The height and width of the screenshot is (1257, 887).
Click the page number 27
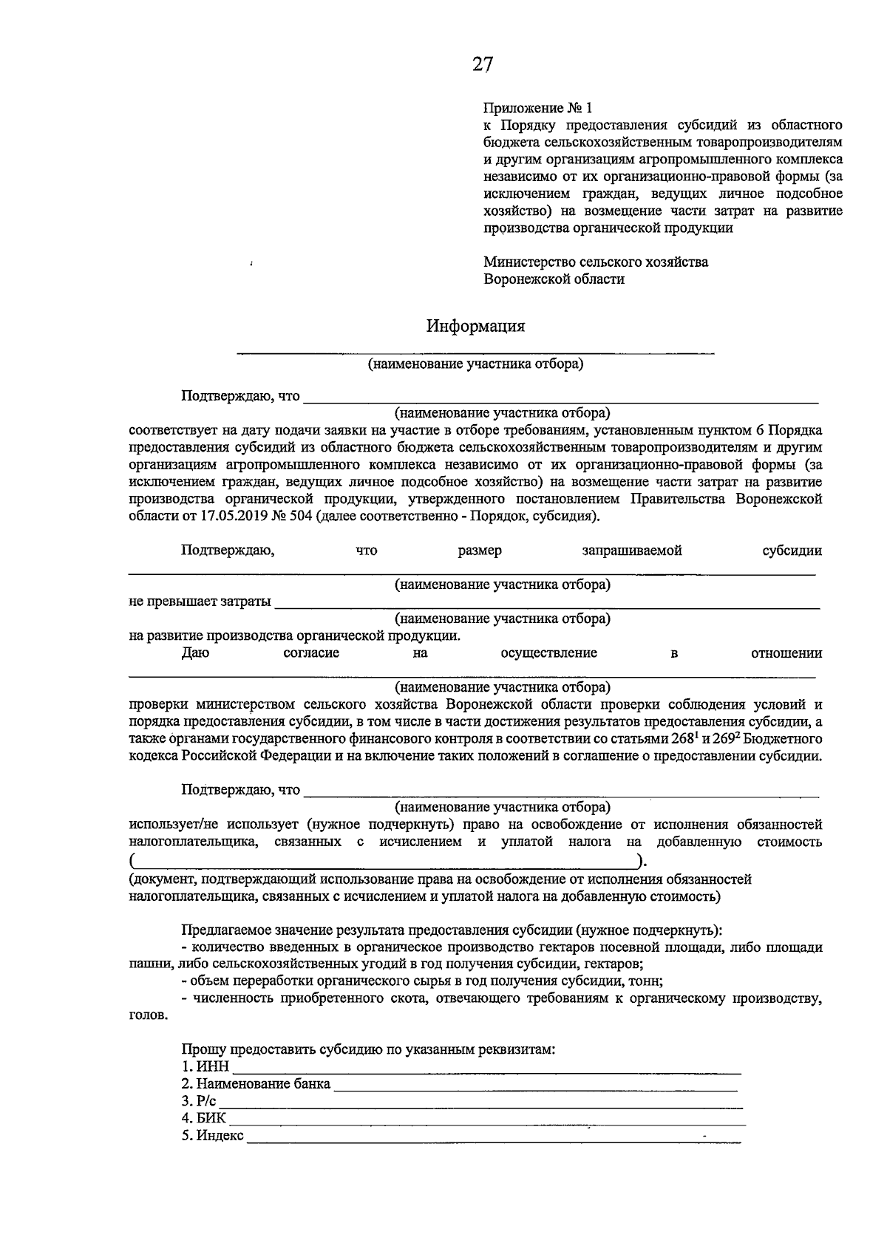(x=482, y=65)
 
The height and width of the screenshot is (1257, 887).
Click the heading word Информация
(x=475, y=326)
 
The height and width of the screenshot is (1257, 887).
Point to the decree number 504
(x=299, y=517)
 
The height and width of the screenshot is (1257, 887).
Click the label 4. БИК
(x=204, y=1118)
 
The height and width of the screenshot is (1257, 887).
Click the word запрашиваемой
(x=631, y=551)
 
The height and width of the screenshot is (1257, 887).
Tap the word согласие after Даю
(x=311, y=653)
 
